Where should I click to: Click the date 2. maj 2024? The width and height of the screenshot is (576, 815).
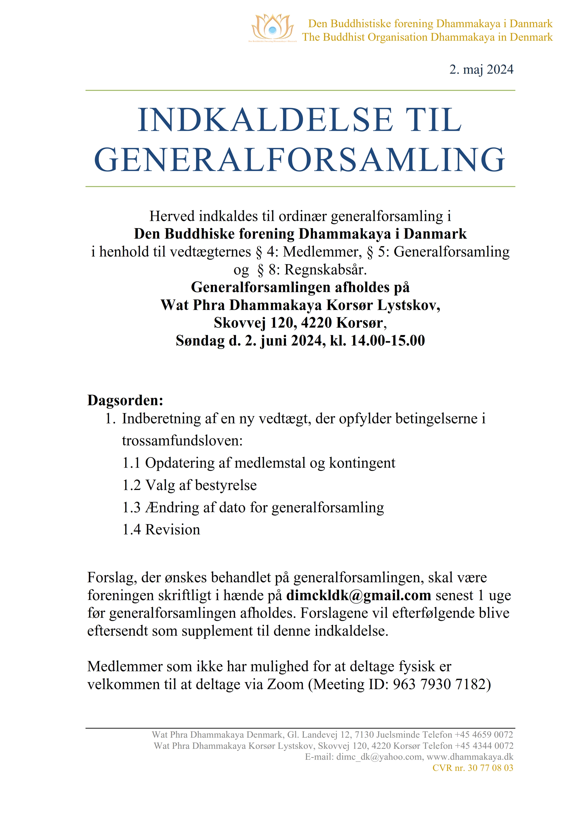pos(481,69)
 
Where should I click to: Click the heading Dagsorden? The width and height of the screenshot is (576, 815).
pos(125,400)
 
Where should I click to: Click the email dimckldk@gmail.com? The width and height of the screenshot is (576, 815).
pos(359,595)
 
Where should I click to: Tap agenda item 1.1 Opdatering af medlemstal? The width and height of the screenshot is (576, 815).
pos(259,463)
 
